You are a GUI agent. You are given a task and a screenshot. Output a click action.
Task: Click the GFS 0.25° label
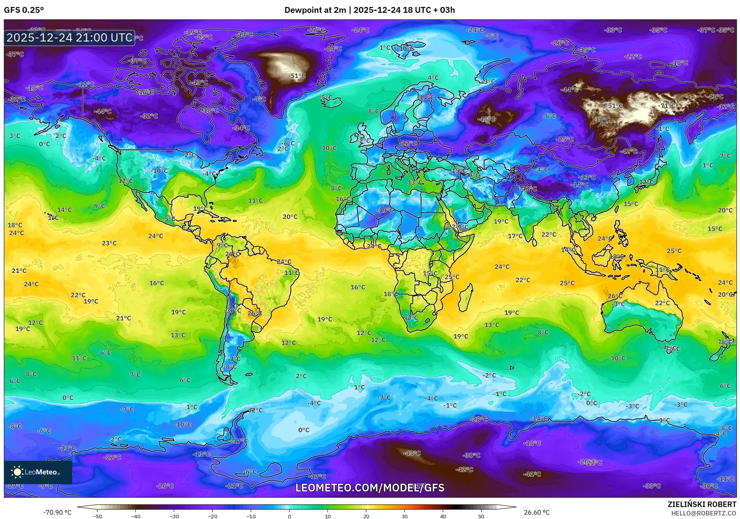pos(24,10)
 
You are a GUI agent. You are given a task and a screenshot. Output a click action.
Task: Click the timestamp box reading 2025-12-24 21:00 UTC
pos(69,38)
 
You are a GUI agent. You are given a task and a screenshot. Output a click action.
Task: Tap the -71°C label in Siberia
pos(667,106)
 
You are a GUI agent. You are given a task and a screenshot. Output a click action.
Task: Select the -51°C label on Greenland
pos(297,76)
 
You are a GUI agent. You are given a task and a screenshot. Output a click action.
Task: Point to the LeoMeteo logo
pos(38,472)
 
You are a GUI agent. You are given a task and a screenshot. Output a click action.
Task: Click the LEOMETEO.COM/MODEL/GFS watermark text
pos(370,488)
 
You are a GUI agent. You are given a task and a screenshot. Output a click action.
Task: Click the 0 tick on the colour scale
pos(289,516)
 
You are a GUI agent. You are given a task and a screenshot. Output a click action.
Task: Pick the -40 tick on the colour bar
pos(135,516)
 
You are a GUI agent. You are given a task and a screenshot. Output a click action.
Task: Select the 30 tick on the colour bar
pos(404,516)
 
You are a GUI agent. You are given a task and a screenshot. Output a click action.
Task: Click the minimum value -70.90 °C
pos(57,512)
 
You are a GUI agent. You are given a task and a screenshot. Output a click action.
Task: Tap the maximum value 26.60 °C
pos(537,512)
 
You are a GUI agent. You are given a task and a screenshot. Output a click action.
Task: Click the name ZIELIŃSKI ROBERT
pos(702,504)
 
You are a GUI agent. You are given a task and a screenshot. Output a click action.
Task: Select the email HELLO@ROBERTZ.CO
pos(704,513)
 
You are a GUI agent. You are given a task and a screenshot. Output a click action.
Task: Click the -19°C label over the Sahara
pos(385,210)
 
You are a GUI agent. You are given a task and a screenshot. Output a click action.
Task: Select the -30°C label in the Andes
pos(233,310)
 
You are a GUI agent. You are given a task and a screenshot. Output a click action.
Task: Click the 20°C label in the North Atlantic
pos(290,217)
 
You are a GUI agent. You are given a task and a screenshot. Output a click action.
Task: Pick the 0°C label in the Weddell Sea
pos(303,430)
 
